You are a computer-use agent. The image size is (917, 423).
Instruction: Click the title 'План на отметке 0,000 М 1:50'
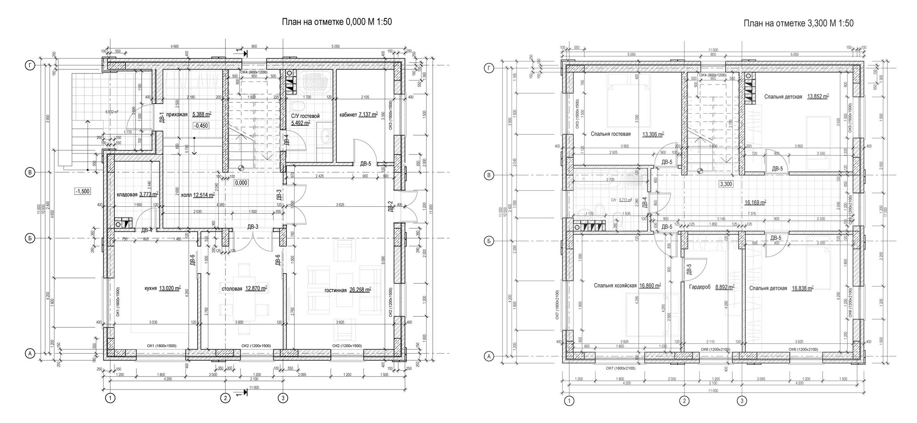click(336, 22)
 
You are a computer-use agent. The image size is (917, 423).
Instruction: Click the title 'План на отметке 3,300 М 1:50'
click(798, 23)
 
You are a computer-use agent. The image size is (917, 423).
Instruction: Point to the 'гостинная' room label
click(335, 290)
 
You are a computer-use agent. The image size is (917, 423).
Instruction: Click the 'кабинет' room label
click(348, 115)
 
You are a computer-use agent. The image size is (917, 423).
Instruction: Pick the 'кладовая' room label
click(127, 194)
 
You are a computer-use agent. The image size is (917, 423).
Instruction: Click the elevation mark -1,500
click(82, 191)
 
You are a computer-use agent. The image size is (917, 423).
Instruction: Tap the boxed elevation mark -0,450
click(201, 126)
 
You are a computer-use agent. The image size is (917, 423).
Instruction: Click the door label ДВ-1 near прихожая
click(162, 117)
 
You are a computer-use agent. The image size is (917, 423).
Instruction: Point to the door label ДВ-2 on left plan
click(390, 206)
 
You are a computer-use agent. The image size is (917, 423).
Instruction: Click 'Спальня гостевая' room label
click(610, 134)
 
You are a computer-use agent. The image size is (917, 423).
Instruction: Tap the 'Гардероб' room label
click(700, 287)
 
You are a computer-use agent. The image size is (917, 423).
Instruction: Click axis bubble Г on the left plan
click(30, 66)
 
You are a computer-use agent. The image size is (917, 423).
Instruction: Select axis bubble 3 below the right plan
click(742, 401)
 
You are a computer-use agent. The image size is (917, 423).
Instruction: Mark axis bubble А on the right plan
click(489, 357)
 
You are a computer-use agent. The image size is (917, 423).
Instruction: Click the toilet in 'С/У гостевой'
click(296, 106)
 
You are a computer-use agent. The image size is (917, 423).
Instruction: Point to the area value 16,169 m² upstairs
click(755, 202)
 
